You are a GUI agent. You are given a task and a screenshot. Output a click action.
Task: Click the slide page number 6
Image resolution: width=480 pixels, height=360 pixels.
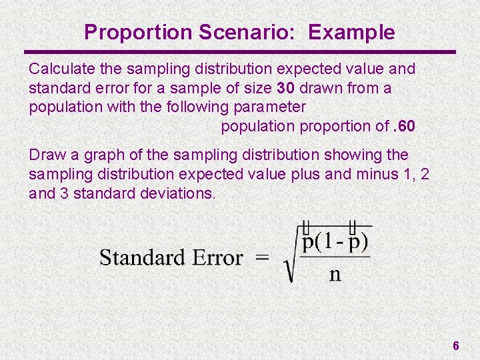456,345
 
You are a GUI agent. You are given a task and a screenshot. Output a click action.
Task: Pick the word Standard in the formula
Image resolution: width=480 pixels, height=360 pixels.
141,257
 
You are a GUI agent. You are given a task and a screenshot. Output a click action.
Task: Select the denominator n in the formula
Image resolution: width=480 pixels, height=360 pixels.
335,275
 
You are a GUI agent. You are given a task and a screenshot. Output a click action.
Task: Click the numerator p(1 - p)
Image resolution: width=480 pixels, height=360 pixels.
335,241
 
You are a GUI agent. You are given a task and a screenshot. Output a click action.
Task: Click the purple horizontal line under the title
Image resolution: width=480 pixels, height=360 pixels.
240,52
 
